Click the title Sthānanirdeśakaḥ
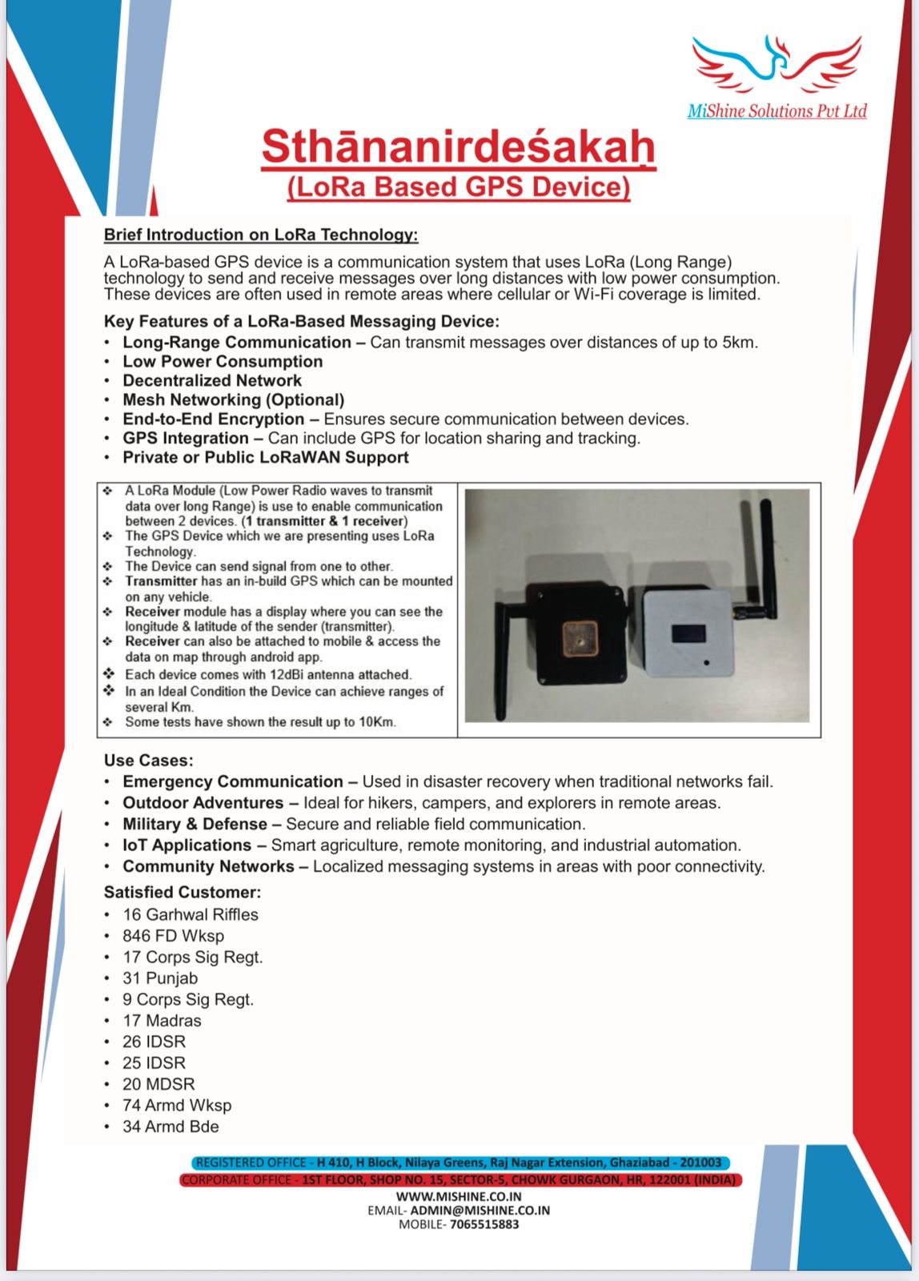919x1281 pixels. (458, 147)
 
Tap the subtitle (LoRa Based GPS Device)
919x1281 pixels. (458, 187)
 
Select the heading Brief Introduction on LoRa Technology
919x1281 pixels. (261, 235)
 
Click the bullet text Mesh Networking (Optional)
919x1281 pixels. (233, 400)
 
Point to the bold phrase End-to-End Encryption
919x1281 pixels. (213, 419)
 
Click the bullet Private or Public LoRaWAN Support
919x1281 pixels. (265, 457)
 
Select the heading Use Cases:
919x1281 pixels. (148, 760)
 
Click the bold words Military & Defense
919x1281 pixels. (195, 824)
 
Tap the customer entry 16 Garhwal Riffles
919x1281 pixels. (190, 914)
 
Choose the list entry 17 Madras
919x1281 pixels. (162, 1021)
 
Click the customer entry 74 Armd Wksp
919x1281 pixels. (176, 1106)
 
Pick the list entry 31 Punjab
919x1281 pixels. (159, 978)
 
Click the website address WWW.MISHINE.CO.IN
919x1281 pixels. (459, 1196)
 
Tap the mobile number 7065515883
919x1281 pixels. (484, 1224)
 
